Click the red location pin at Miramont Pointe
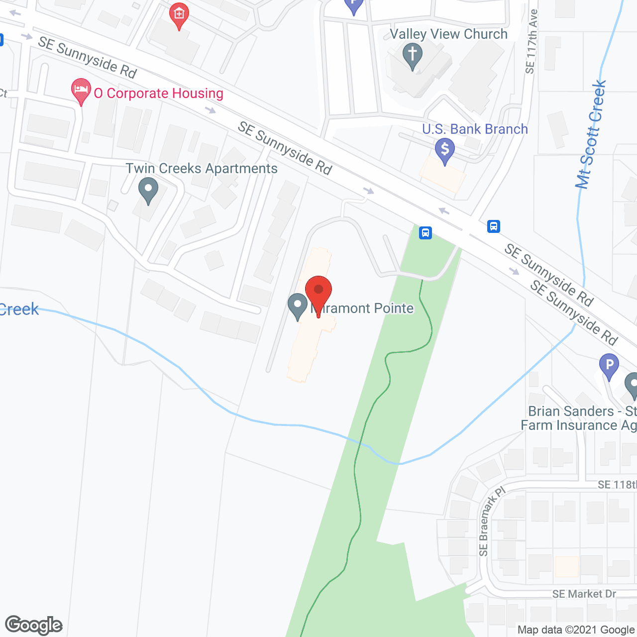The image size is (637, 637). pyautogui.click(x=318, y=291)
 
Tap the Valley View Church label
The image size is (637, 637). pyautogui.click(x=448, y=34)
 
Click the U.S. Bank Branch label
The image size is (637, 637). pyautogui.click(x=475, y=129)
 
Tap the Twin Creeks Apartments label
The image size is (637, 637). pyautogui.click(x=202, y=169)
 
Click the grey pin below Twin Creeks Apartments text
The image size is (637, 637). pyautogui.click(x=148, y=191)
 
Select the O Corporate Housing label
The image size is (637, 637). pyautogui.click(x=158, y=94)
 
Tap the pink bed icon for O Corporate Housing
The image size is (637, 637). pyautogui.click(x=81, y=91)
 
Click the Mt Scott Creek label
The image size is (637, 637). pyautogui.click(x=591, y=134)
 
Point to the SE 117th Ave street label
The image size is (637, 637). pyautogui.click(x=531, y=42)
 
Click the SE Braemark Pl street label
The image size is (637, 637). pyautogui.click(x=491, y=521)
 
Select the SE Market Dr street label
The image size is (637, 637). pyautogui.click(x=584, y=594)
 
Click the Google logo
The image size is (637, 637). pyautogui.click(x=34, y=625)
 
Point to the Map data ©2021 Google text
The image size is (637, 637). pyautogui.click(x=576, y=630)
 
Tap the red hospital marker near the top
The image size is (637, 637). pyautogui.click(x=179, y=15)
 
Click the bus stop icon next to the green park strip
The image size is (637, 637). pyautogui.click(x=425, y=232)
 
